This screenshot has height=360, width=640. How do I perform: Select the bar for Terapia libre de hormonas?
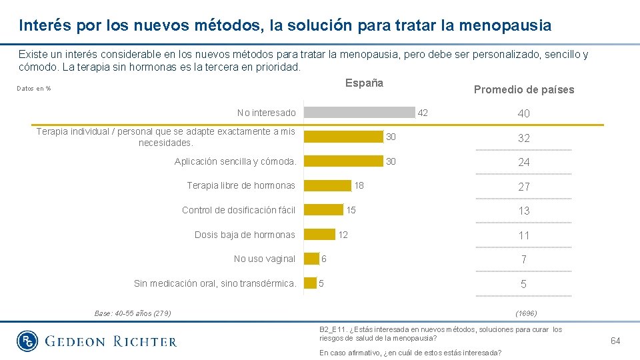[327, 185]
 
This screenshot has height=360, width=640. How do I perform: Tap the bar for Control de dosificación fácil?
[323, 210]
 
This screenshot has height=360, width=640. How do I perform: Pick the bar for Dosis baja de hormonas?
[319, 234]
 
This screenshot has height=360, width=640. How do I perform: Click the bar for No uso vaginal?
[311, 259]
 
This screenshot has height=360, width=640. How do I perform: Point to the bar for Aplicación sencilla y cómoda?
[343, 161]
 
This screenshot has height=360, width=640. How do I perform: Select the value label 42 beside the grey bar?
[423, 113]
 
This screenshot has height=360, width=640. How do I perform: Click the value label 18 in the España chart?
[359, 185]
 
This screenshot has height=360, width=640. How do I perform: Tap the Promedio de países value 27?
[524, 187]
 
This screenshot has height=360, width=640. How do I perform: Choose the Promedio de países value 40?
[524, 113]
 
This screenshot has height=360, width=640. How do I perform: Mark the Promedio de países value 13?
[524, 211]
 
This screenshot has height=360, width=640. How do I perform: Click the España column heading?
[364, 83]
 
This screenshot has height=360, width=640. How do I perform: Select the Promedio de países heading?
[523, 90]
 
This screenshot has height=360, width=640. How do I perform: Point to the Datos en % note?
[34, 89]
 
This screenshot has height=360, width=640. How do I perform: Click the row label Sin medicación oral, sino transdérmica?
[215, 283]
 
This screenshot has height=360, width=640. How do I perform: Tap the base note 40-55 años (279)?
[133, 313]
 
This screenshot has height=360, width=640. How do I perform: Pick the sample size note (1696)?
[526, 313]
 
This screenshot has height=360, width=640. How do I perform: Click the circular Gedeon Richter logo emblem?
[28, 341]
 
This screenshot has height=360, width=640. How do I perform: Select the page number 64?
[615, 341]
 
